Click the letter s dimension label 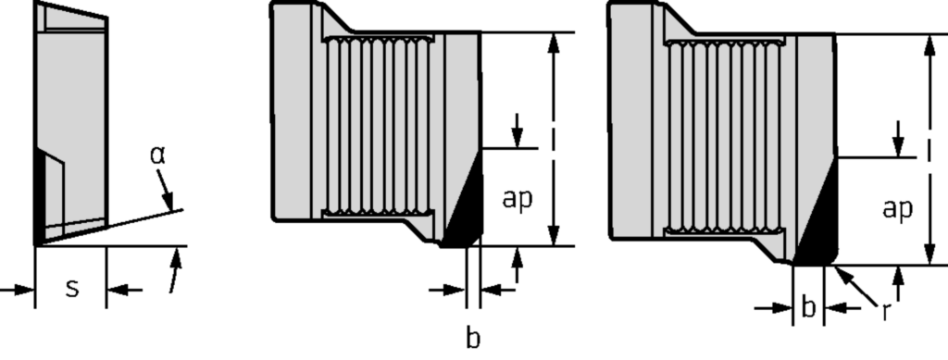(x=71, y=289)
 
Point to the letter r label (x=886, y=311)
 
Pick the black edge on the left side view (x=40, y=194)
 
